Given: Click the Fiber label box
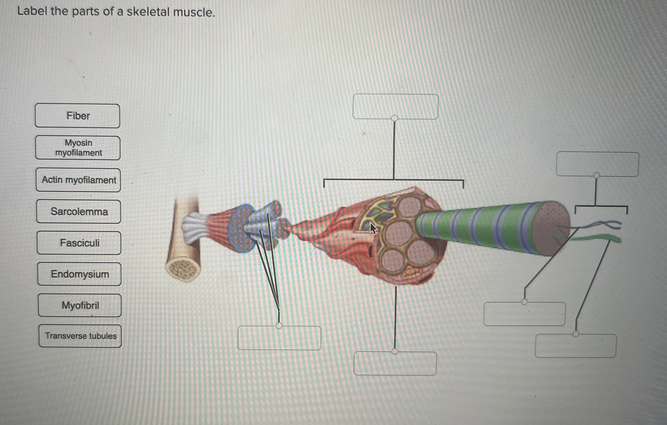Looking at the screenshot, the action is click(x=77, y=116).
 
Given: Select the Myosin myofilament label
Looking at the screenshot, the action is click(x=78, y=148).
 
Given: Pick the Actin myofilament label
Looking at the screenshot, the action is click(x=78, y=180).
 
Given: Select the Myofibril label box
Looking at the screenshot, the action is click(x=80, y=305).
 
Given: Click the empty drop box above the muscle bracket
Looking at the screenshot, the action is click(x=395, y=107).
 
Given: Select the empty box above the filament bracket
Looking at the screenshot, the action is click(x=597, y=164).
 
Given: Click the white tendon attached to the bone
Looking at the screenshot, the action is click(x=194, y=227).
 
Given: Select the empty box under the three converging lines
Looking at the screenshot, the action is click(x=279, y=338).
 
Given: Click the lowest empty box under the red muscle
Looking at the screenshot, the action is click(x=395, y=364).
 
